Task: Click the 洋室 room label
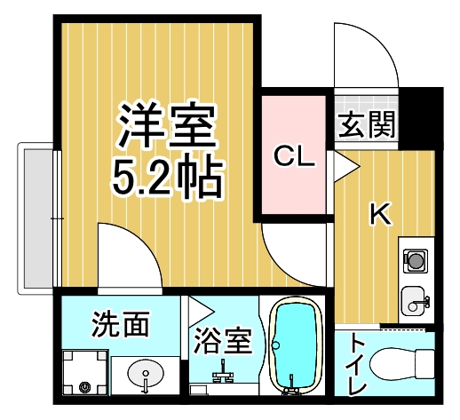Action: click(166, 127)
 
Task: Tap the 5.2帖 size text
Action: click(166, 177)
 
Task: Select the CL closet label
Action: click(294, 157)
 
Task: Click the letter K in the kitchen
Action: click(379, 214)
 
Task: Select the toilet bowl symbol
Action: click(399, 364)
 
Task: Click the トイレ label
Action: click(357, 364)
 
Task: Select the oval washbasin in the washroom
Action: click(145, 375)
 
